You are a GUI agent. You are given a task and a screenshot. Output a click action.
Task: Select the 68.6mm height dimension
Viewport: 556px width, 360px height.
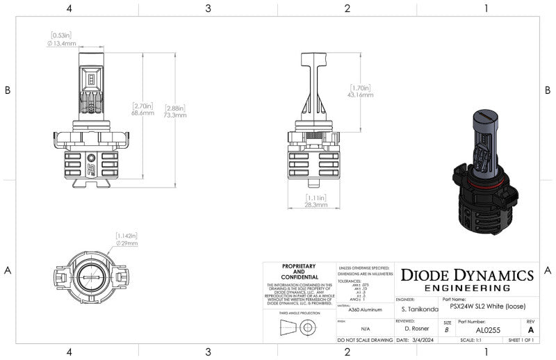coord(142,112)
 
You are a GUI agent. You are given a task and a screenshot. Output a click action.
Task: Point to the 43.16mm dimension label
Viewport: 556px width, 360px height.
coord(360,95)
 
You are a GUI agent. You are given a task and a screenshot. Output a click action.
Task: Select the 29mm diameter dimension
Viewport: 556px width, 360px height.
coord(127,243)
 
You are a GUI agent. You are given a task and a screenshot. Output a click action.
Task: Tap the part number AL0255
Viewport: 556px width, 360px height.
coord(487,330)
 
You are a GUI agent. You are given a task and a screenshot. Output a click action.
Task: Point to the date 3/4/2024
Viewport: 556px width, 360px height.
coord(420,341)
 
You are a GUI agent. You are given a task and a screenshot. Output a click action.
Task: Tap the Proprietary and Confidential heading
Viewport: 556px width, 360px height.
coord(299,270)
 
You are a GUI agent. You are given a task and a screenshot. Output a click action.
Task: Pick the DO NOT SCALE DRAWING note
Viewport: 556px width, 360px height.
coord(364,341)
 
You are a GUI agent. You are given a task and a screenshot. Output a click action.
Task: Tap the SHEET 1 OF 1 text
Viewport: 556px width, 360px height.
coord(520,341)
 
